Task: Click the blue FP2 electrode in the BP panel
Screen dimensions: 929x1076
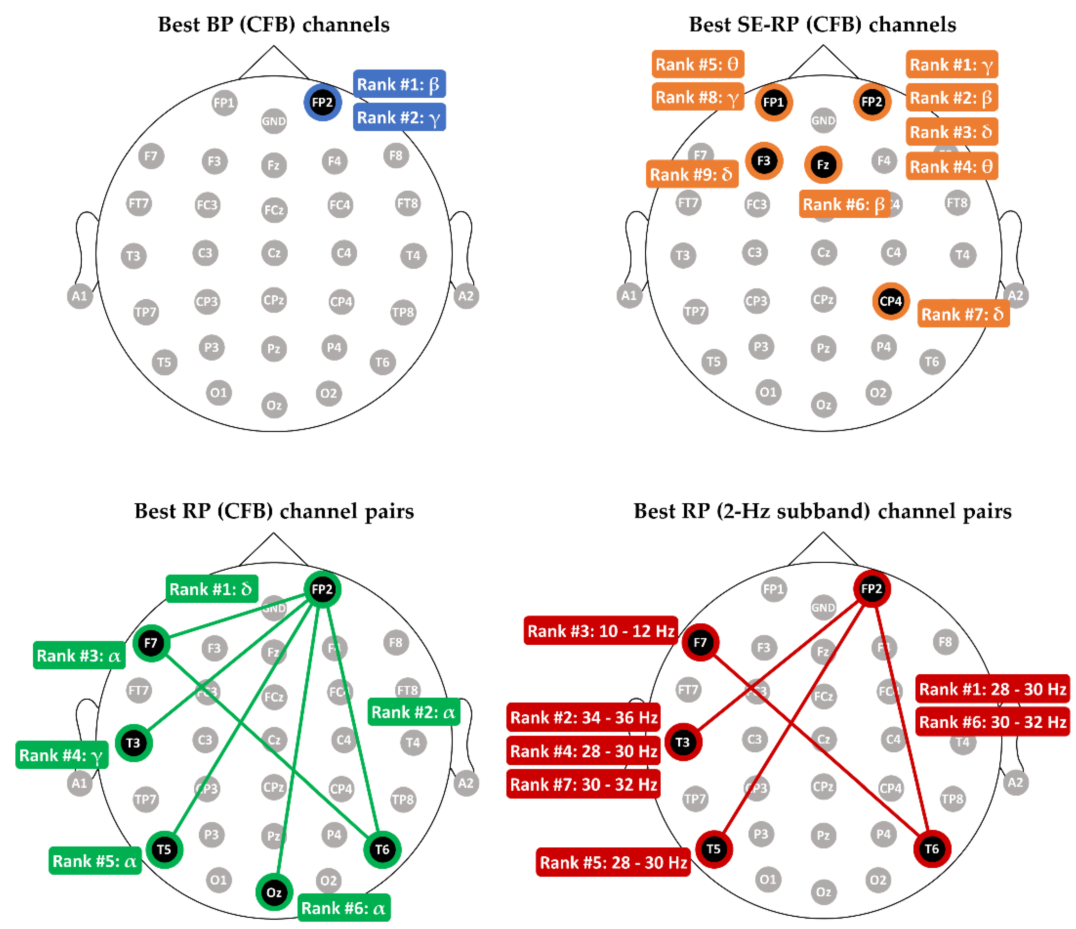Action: [322, 102]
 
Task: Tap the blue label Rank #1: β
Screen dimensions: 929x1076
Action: [399, 84]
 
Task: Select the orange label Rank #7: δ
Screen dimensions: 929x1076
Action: [963, 314]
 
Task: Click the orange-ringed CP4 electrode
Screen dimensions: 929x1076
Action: [891, 302]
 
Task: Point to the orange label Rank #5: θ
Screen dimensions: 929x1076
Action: [697, 64]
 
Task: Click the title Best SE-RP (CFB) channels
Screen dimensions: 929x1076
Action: [822, 24]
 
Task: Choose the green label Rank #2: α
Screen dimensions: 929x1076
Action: [414, 712]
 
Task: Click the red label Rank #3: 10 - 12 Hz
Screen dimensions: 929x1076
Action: [600, 631]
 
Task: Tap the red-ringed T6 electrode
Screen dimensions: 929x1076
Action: [931, 849]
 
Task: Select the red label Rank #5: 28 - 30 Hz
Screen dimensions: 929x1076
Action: [613, 863]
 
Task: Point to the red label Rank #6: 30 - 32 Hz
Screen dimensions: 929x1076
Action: [992, 722]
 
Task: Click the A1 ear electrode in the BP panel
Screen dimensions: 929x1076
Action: [79, 296]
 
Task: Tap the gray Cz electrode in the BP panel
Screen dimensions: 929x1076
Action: [274, 253]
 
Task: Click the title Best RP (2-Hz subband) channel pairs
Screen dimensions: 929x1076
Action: [822, 511]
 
